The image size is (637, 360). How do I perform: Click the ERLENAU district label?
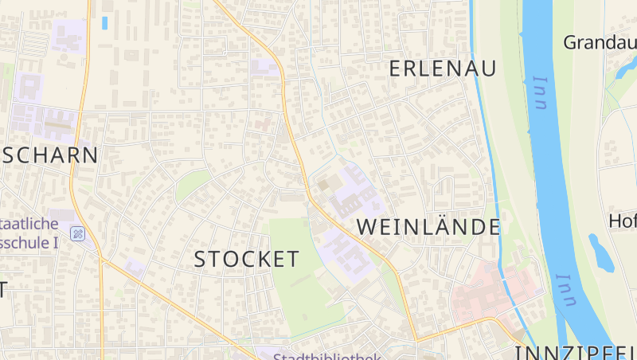tap(442, 68)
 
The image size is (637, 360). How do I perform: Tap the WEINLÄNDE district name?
tap(428, 227)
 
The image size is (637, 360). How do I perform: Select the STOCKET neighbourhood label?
tap(247, 259)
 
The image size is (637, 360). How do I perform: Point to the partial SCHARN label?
tap(49, 155)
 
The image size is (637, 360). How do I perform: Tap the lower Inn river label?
tap(566, 291)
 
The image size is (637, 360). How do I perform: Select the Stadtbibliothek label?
tap(327, 356)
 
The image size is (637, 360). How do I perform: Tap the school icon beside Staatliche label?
tap(77, 233)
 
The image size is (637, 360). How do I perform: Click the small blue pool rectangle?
tap(104, 23)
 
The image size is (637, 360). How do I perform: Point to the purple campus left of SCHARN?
tap(40, 112)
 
